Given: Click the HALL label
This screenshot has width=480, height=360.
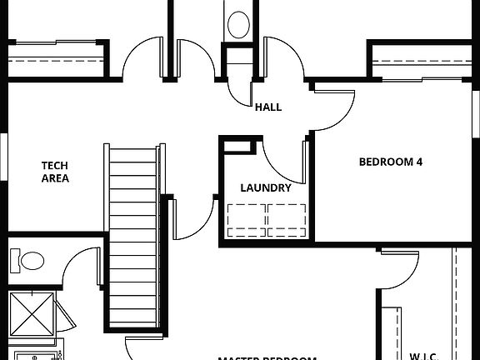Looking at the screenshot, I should point(267,107).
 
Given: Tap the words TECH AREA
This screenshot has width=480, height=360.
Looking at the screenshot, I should point(55,172).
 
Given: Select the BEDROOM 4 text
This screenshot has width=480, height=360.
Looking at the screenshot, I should point(390,162).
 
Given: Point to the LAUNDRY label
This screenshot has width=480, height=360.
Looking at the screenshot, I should point(266,187).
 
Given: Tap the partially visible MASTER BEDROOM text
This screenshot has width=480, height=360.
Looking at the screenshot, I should point(267,357).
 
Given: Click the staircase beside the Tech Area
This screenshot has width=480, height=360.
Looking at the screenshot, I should point(133,242).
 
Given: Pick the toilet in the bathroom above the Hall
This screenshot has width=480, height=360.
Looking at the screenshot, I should point(238,22).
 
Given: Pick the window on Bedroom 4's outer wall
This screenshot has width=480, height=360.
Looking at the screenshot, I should point(477,117).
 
